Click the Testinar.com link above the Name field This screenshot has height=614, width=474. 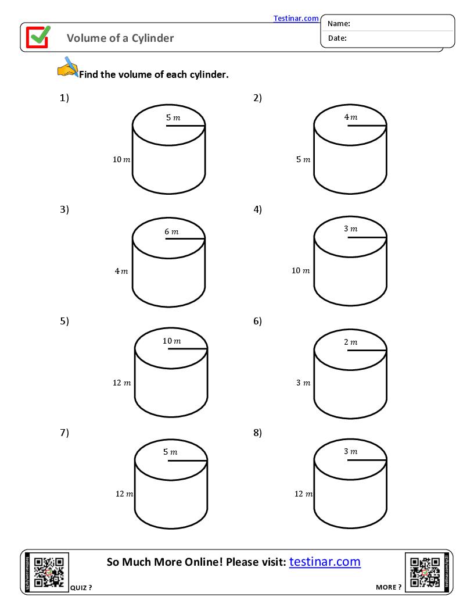[296, 19]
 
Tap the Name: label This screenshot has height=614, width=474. [339, 24]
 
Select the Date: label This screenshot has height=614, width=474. [337, 38]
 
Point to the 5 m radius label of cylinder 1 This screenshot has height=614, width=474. [173, 117]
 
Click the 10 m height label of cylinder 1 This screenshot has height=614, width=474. [121, 159]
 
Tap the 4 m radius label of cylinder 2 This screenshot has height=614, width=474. [351, 117]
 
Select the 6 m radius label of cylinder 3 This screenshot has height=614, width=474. [171, 231]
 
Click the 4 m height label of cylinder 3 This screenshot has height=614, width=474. [121, 271]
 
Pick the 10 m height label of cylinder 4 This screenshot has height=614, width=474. [300, 270]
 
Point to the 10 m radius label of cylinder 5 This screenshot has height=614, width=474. [172, 341]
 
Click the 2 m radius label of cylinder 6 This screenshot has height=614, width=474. [351, 342]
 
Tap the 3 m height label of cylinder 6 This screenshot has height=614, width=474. [303, 383]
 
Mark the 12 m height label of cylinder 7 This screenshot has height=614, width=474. [124, 494]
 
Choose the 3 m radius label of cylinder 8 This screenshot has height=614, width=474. [351, 451]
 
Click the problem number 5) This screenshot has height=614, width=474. [64, 321]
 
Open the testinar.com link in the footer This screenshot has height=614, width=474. [325, 562]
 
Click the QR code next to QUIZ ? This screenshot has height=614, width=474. [49, 573]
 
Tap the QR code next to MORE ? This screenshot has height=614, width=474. [425, 573]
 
